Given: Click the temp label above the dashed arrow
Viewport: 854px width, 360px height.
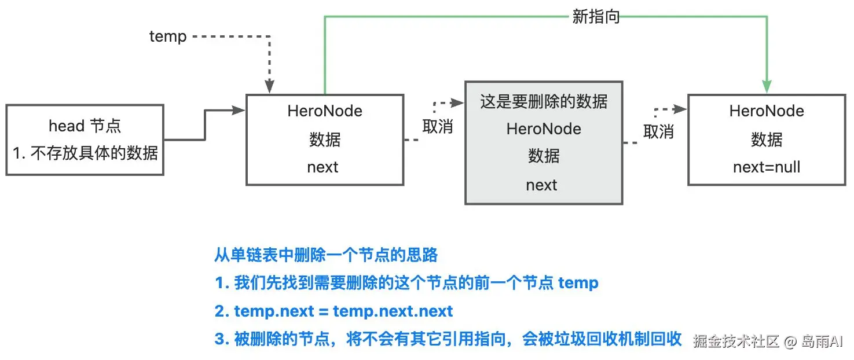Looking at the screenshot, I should pyautogui.click(x=168, y=36).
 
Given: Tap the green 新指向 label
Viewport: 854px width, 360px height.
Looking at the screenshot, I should pyautogui.click(x=596, y=17).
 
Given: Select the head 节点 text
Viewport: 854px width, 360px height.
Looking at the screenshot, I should pyautogui.click(x=85, y=126).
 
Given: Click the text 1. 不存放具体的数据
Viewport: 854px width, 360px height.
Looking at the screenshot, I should pyautogui.click(x=85, y=153).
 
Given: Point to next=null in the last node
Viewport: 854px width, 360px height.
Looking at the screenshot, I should pyautogui.click(x=767, y=167).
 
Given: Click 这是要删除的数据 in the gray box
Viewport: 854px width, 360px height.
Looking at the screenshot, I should pyautogui.click(x=544, y=102).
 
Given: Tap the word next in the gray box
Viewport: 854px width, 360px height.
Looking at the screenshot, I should pyautogui.click(x=541, y=185).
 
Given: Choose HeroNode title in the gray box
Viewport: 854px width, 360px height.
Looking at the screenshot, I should pyautogui.click(x=544, y=128).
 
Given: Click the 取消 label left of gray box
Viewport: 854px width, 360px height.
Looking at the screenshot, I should pyautogui.click(x=437, y=127).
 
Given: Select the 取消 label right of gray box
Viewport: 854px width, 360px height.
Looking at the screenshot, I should pyautogui.click(x=658, y=132).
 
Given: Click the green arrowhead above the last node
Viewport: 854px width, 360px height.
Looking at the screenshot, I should pyautogui.click(x=767, y=87).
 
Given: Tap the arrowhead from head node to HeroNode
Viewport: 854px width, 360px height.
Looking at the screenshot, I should pyautogui.click(x=239, y=110).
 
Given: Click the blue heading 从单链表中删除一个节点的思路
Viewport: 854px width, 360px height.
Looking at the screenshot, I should pyautogui.click(x=326, y=255).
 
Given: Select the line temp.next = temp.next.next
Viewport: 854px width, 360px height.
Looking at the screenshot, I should pyautogui.click(x=333, y=311).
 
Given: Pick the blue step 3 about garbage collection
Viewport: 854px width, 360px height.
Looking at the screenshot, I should pyautogui.click(x=448, y=339).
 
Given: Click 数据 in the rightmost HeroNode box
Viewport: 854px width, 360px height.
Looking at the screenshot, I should pyautogui.click(x=767, y=139).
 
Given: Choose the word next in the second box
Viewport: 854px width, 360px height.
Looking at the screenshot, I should pyautogui.click(x=322, y=167).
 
